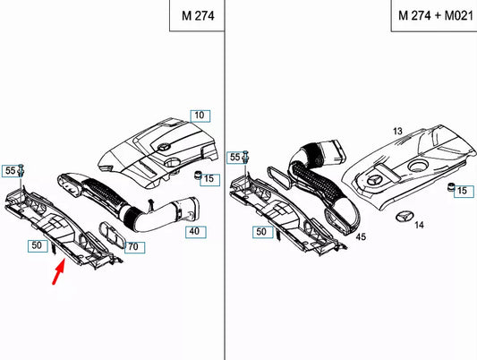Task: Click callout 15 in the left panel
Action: point(209,178)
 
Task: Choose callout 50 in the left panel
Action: point(37,244)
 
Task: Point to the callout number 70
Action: point(132,245)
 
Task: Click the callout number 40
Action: point(192,231)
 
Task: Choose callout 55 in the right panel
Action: point(235,157)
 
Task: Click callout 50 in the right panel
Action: point(262,232)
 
